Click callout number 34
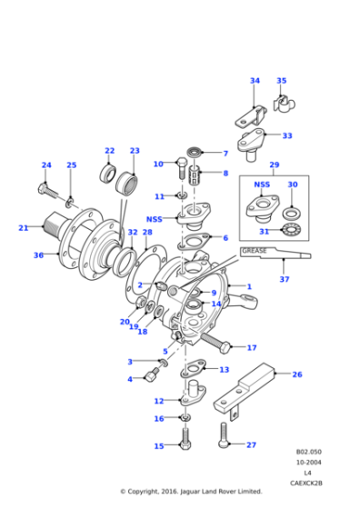255,81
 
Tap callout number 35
281,81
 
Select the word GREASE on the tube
255,250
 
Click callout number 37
284,279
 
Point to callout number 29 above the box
274,165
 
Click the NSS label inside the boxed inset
262,185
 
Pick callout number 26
296,374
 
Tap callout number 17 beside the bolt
252,347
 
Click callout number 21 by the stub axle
24,228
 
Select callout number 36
38,255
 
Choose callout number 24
46,165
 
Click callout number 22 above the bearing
109,151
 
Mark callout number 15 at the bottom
159,446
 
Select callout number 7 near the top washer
225,153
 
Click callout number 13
224,370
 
